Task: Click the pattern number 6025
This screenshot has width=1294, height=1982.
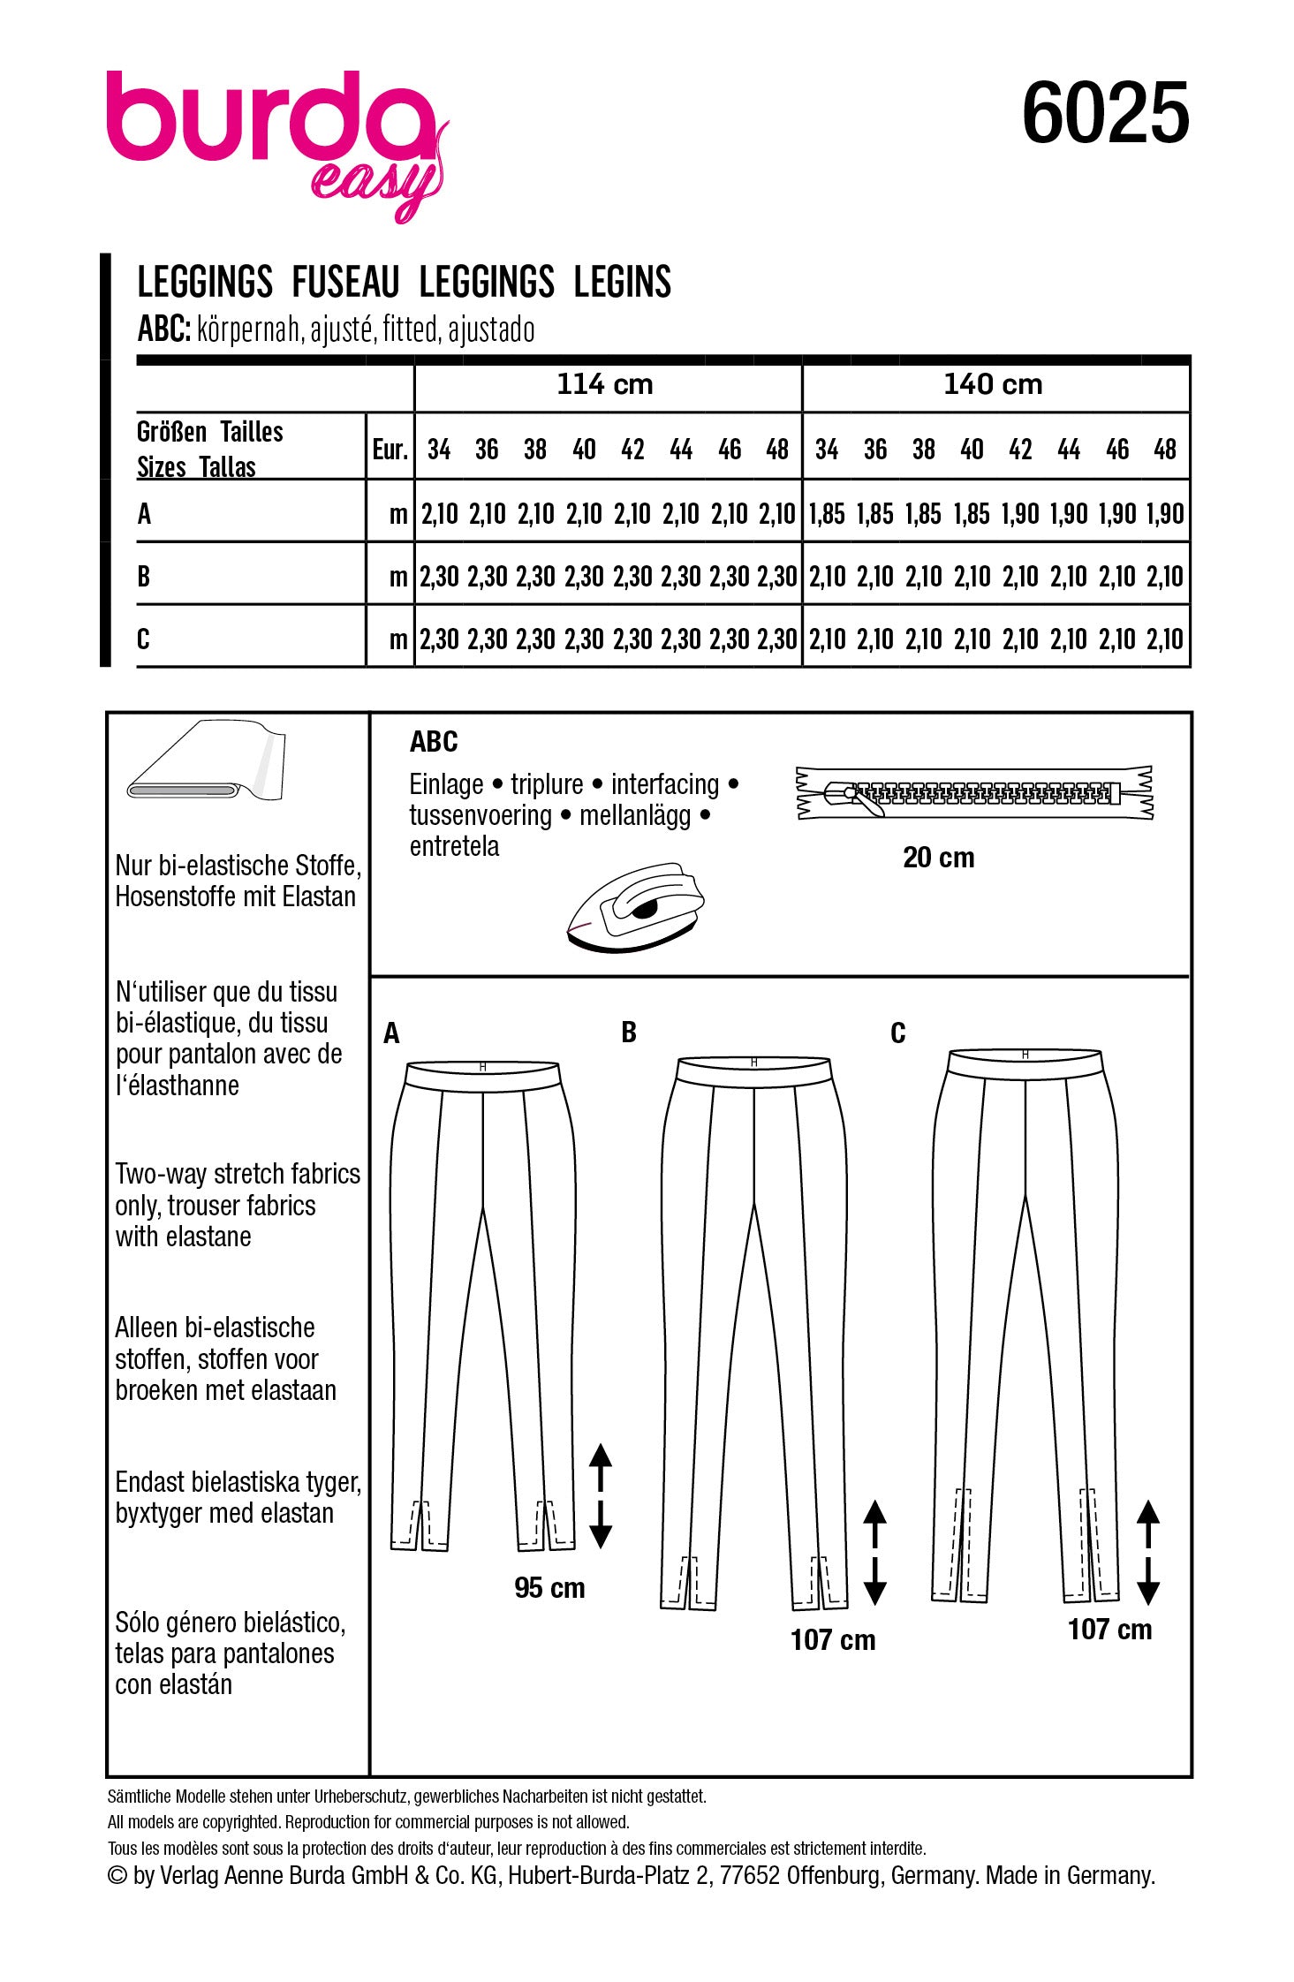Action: [1105, 114]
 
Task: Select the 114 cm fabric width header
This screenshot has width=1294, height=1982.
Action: [605, 384]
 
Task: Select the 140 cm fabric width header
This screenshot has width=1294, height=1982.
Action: [993, 384]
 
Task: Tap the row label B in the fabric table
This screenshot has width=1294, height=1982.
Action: [144, 577]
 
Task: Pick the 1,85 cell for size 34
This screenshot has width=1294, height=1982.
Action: [827, 514]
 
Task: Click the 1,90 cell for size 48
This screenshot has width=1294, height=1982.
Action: [1165, 514]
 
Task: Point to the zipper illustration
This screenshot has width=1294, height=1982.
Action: [975, 792]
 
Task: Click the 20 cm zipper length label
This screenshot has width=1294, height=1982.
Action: [938, 858]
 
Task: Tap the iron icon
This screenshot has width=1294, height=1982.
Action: [634, 907]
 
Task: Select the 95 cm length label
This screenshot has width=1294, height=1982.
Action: [549, 1588]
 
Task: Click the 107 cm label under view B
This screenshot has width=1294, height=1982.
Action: [833, 1640]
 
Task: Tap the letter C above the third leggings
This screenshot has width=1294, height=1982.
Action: [897, 1033]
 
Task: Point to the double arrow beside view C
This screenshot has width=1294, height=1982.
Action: [1147, 1551]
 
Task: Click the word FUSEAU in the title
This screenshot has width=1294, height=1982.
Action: [345, 283]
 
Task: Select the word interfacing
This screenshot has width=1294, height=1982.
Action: [665, 784]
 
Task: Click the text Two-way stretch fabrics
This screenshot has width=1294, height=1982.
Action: [238, 1174]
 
